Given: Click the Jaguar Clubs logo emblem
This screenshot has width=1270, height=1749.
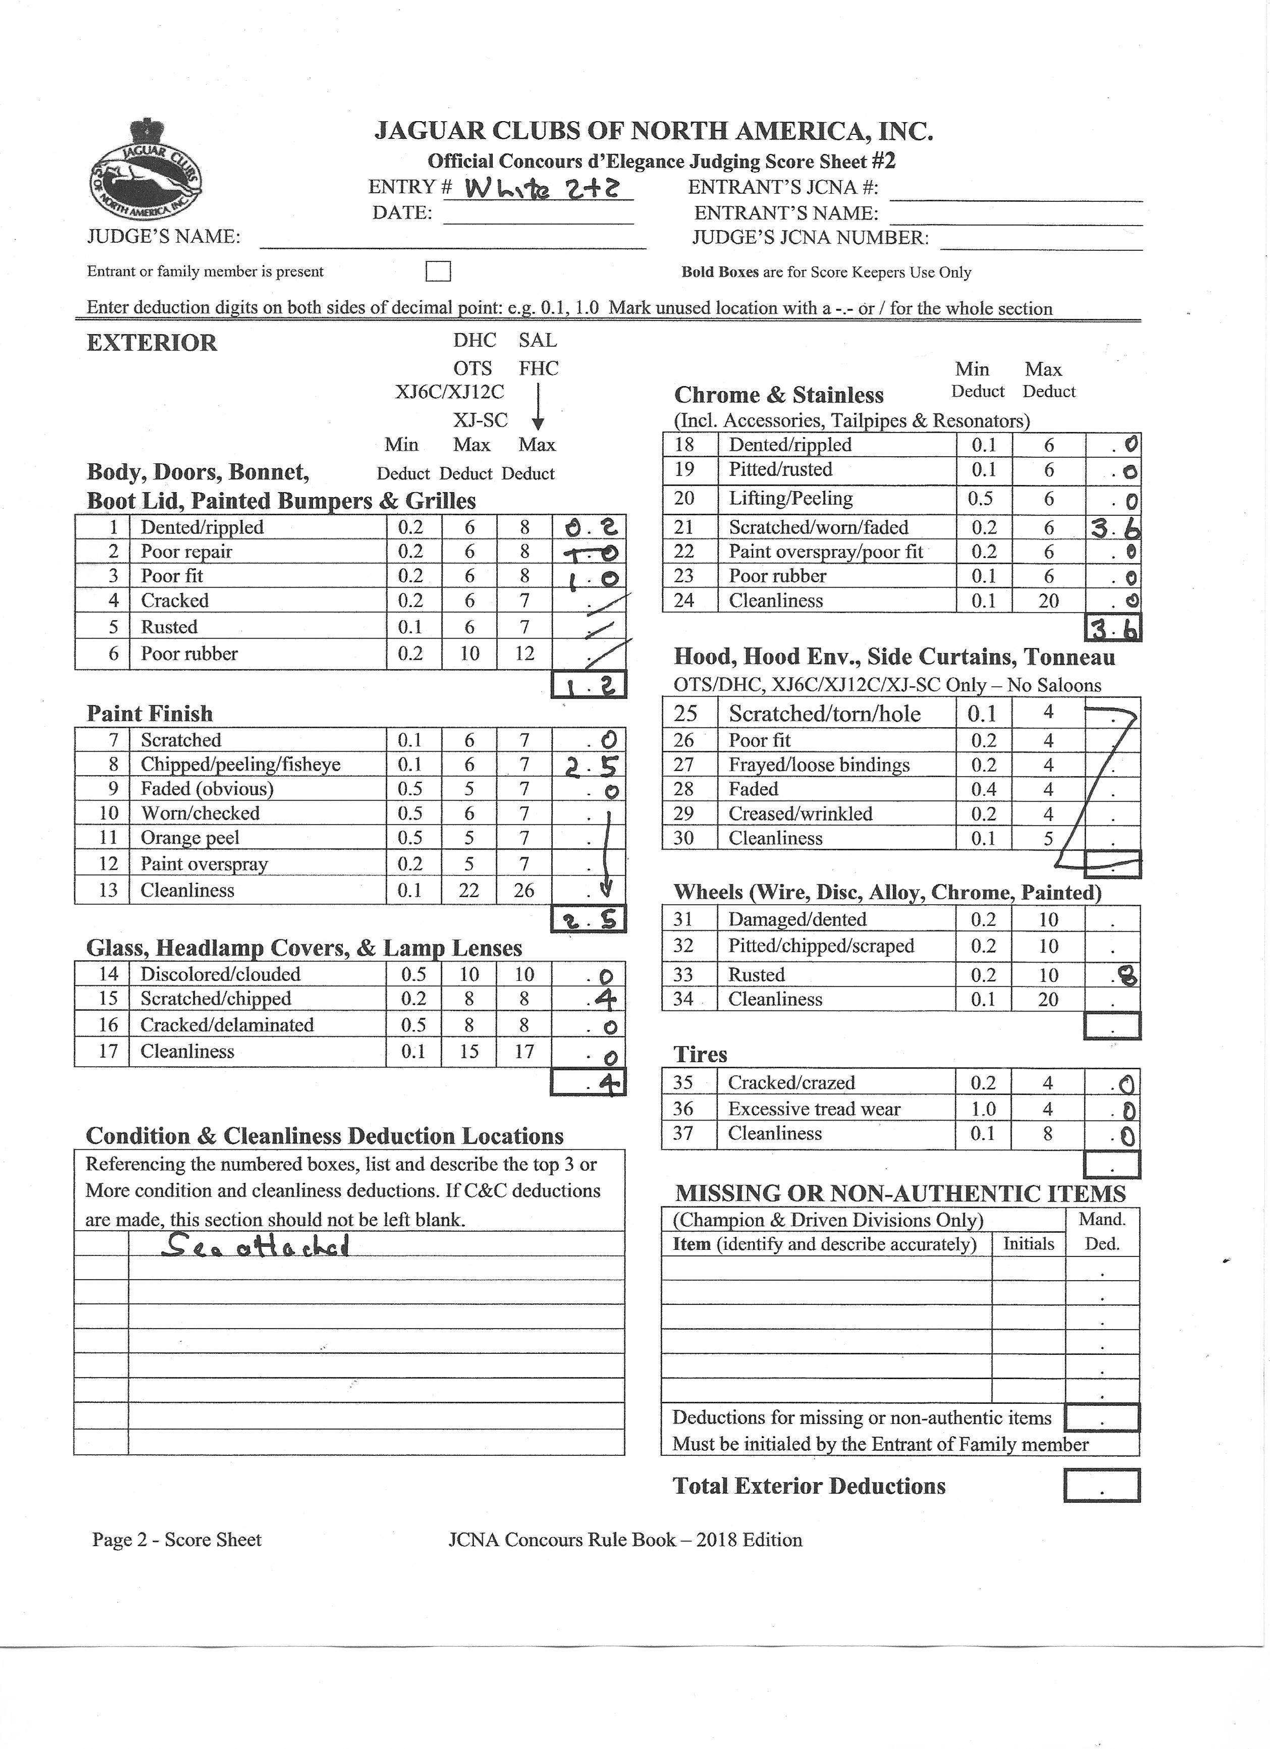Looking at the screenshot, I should click(144, 171).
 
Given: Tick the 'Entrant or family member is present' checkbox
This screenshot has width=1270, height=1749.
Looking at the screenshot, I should click(438, 272).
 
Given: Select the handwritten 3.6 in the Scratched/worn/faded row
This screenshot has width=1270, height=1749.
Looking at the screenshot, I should click(1114, 528).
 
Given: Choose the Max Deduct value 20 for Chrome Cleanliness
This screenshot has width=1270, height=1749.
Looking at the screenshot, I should click(1048, 601).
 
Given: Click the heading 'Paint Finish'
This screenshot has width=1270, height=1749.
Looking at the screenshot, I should click(149, 713).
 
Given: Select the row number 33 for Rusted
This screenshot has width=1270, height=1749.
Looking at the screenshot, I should click(683, 975).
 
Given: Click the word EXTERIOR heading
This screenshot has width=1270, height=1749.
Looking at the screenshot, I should click(152, 343).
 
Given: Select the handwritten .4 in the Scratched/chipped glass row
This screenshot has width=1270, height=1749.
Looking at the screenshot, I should click(602, 1000).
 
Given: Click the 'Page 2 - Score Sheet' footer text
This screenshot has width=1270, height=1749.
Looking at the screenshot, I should click(177, 1540).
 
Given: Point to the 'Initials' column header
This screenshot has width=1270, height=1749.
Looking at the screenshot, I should click(1028, 1244).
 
